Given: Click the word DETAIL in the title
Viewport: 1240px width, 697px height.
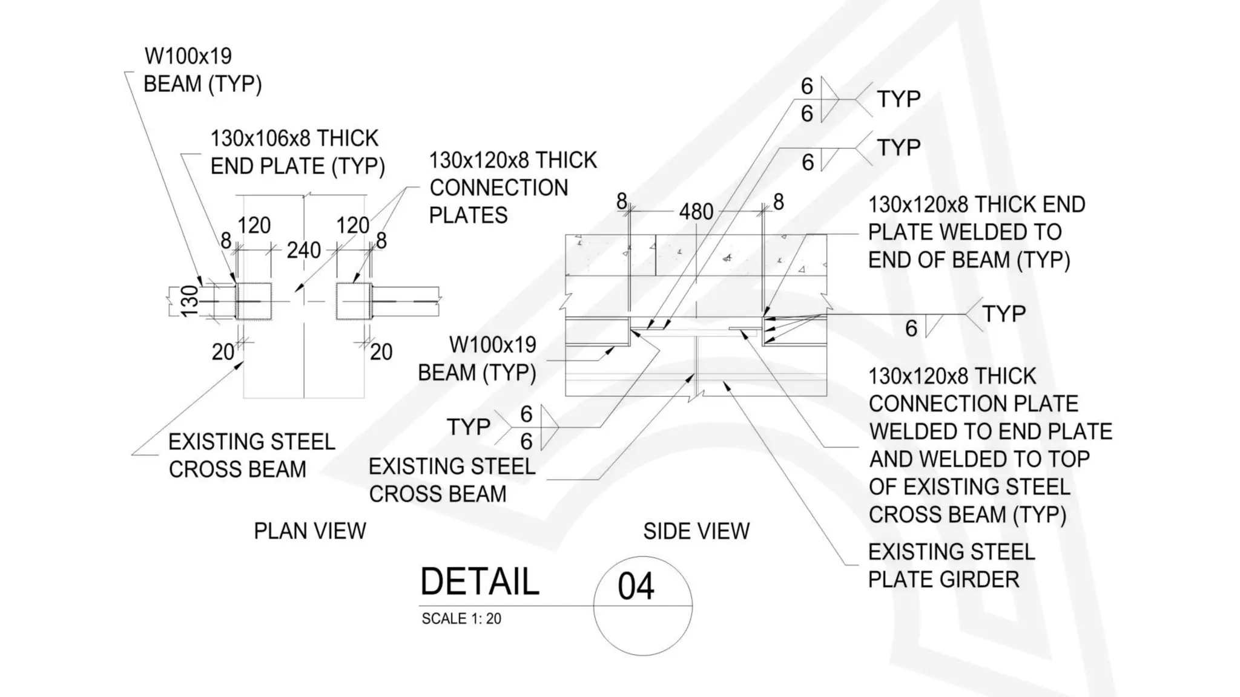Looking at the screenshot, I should (480, 582).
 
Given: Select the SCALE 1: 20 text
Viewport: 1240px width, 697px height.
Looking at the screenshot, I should (461, 619).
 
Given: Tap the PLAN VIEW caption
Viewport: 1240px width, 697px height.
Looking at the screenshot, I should (309, 531).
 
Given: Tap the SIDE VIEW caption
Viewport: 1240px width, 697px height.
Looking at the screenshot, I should (696, 531).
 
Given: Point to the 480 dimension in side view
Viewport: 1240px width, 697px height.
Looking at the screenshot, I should (696, 212).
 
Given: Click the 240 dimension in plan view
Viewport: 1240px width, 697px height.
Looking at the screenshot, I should (303, 250).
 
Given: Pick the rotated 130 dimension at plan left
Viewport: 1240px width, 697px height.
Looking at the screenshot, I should (190, 301).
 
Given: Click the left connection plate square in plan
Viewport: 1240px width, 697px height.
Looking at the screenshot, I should (254, 301).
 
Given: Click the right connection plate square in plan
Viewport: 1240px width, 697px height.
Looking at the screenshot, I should (354, 301).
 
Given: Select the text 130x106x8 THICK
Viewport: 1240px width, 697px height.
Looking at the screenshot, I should (294, 139).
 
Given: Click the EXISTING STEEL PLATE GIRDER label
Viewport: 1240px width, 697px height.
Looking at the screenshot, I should (951, 566).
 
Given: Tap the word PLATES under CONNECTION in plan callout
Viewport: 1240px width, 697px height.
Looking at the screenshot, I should (468, 215).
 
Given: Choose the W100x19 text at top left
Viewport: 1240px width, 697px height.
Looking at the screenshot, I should (188, 56).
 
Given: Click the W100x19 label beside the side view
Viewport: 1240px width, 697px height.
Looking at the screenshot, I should (492, 345).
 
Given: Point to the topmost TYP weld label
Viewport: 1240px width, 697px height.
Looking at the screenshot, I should (899, 99).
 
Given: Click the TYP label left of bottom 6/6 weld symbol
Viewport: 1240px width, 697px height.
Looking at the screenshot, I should (468, 427).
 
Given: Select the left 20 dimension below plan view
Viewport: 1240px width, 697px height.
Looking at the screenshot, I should (223, 352).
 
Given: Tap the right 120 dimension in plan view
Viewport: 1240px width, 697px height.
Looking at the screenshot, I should (352, 226).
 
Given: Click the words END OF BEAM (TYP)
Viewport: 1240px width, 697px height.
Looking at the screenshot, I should (969, 260).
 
